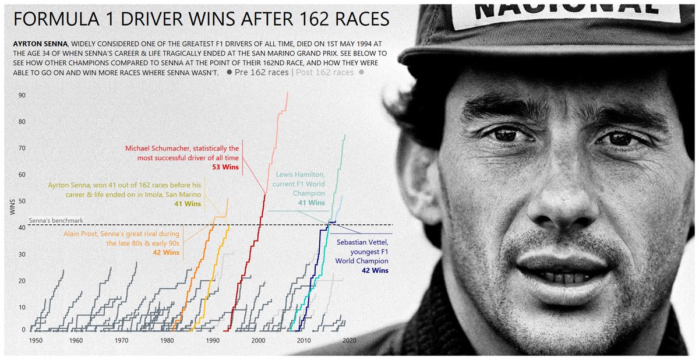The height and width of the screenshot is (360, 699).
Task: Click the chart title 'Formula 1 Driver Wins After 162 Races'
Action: [x=201, y=19]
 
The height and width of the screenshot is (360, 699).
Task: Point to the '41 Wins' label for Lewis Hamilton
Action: [x=312, y=203]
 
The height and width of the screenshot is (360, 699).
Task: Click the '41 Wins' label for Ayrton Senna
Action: [x=188, y=204]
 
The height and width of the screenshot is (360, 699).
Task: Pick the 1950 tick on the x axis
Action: [x=34, y=340]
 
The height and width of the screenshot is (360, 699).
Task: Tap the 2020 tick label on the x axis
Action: [x=348, y=340]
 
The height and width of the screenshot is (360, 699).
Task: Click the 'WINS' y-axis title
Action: [x=12, y=207]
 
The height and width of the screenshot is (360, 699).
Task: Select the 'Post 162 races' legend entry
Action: [x=325, y=73]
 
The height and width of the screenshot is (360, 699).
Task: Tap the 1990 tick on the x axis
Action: [x=212, y=340]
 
